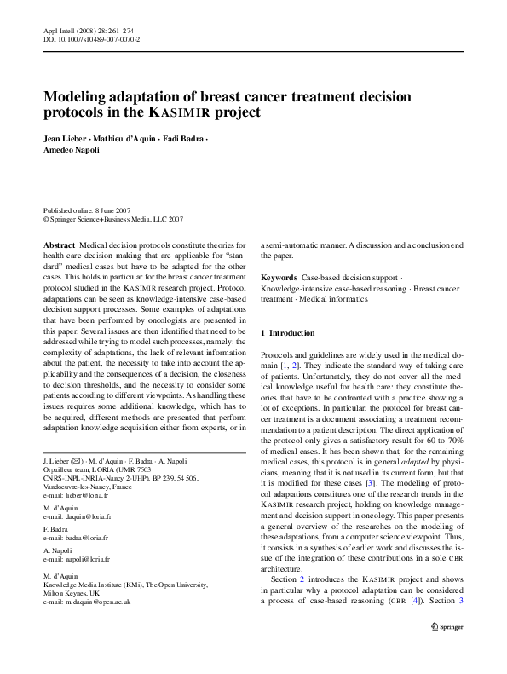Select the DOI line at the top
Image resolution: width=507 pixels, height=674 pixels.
[x=92, y=39]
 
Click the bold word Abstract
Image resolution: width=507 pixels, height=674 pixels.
[x=59, y=245]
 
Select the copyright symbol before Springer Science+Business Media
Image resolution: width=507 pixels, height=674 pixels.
[x=46, y=218]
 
